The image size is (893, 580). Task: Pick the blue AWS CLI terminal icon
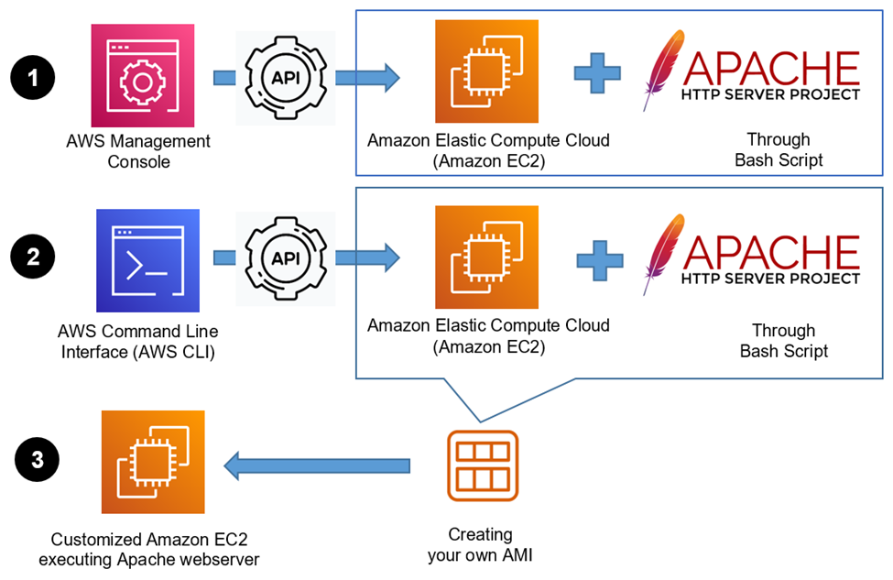[147, 260]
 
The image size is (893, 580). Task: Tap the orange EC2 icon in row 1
[486, 71]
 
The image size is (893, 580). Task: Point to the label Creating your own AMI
[481, 544]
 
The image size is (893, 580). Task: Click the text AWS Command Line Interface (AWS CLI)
[137, 340]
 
